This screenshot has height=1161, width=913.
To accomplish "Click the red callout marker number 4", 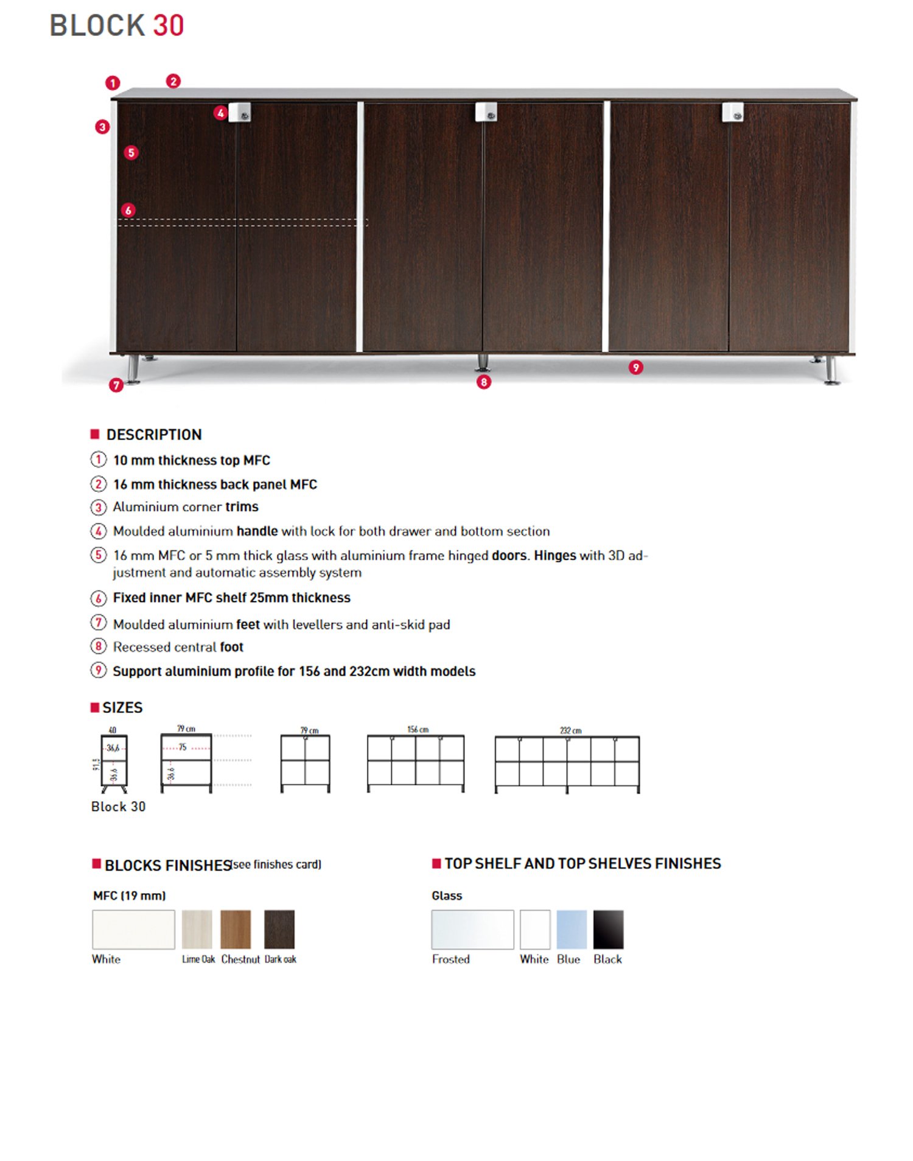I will (x=220, y=113).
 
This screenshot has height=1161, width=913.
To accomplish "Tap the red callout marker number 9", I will (x=635, y=367).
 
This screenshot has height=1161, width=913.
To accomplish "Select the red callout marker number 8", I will (x=483, y=382).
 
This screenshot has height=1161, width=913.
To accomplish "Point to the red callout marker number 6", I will (x=128, y=210).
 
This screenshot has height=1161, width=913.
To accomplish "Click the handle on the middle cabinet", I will (x=486, y=112).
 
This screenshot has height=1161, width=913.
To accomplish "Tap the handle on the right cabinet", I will (x=733, y=112).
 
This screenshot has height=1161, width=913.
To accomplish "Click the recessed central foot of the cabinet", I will (x=483, y=362).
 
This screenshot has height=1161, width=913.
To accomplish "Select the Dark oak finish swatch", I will (x=279, y=929).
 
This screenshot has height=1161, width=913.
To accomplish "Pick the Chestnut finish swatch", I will (x=236, y=929).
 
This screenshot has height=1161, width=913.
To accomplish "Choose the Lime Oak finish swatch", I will (x=197, y=929).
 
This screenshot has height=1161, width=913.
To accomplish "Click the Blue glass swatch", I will (x=572, y=929).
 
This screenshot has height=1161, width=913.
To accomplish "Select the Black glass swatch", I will (x=608, y=929).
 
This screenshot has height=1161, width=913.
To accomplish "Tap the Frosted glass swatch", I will (x=472, y=929).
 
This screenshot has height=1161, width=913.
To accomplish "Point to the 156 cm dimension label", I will (x=418, y=729).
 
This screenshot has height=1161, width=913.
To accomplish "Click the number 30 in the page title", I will (x=168, y=26).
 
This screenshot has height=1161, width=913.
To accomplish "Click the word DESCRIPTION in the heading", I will (x=154, y=435).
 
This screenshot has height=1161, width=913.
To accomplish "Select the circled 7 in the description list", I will (x=98, y=623).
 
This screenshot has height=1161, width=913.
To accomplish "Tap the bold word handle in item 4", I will (x=257, y=531).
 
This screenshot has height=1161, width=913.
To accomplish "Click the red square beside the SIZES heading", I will (x=94, y=707).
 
